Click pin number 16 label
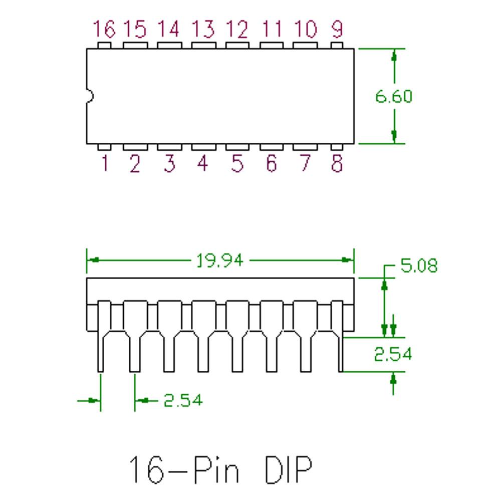click(104, 29)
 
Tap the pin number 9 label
click(337, 29)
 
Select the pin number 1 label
click(105, 163)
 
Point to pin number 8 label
click(337, 163)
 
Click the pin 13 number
click(203, 29)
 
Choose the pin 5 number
click(237, 163)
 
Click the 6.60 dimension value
click(394, 97)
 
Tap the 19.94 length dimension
click(220, 261)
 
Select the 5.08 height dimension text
click(419, 266)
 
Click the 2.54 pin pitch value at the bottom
click(183, 400)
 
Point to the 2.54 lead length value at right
click(393, 354)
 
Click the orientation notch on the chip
click(90, 96)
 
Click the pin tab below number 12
click(237, 46)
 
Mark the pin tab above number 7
click(305, 147)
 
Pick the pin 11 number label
click(272, 29)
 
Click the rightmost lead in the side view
click(337, 336)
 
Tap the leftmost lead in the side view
click(104, 336)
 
